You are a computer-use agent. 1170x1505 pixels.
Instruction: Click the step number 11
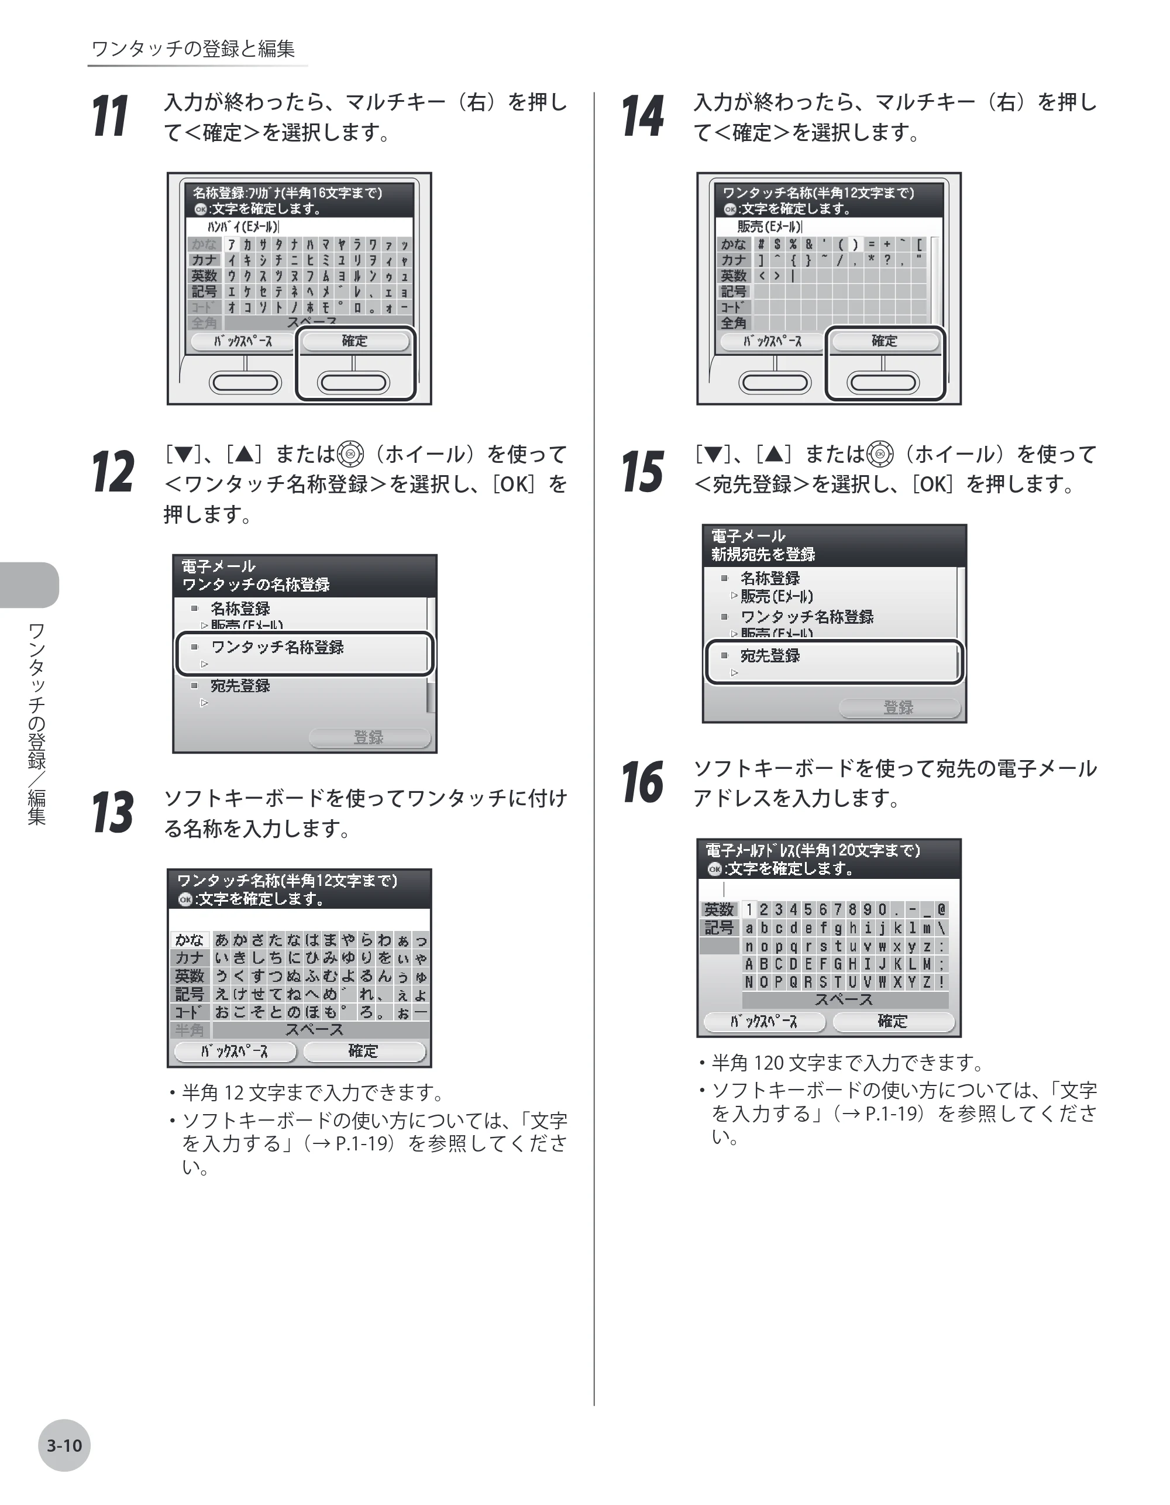[x=110, y=116]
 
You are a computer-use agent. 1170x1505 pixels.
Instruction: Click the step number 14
[x=642, y=116]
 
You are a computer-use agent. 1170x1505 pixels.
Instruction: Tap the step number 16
[x=642, y=782]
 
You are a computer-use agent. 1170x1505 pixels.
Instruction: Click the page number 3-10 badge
[x=64, y=1446]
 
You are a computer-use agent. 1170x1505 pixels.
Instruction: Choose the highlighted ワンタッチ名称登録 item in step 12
[x=305, y=653]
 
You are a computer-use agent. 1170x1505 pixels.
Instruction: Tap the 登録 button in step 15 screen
[x=899, y=707]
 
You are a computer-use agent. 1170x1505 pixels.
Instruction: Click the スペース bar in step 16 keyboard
[x=844, y=999]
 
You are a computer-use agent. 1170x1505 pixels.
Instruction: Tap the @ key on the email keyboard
[x=941, y=910]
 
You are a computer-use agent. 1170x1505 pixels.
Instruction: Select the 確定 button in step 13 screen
[x=364, y=1051]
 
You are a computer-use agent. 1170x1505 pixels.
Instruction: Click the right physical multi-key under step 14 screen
[x=883, y=383]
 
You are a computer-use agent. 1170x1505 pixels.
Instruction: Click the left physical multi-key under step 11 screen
[x=245, y=383]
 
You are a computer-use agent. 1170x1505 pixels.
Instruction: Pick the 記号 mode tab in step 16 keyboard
[x=720, y=928]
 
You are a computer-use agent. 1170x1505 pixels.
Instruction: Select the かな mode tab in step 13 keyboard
[x=190, y=940]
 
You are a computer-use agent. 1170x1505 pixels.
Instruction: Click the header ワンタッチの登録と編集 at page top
[x=193, y=49]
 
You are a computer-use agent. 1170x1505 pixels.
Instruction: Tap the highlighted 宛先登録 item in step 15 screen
[x=834, y=662]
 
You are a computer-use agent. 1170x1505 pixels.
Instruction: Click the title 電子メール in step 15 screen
[x=748, y=535]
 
